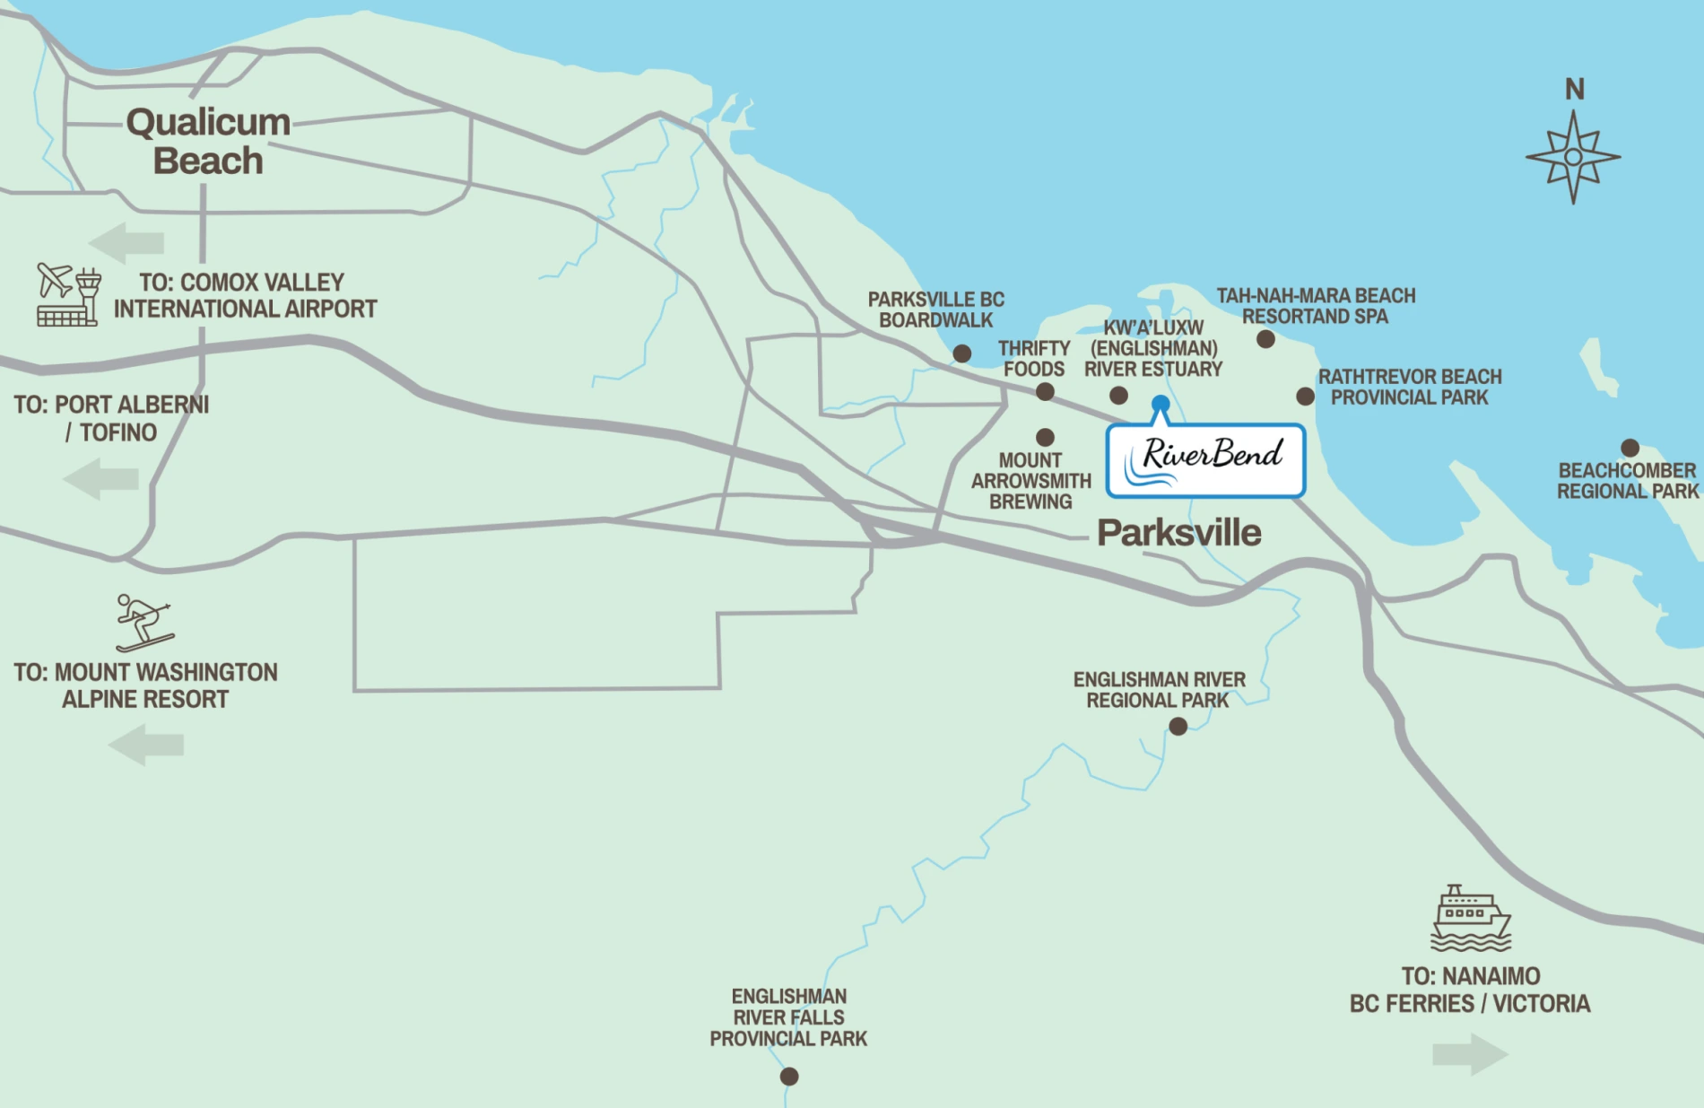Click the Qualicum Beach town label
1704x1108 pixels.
coord(208,142)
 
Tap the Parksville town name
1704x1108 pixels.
coord(1178,533)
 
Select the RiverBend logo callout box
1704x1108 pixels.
coord(1205,460)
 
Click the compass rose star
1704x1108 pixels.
coord(1573,157)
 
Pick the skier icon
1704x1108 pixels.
coord(143,622)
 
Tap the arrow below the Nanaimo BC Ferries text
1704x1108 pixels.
coord(1470,1054)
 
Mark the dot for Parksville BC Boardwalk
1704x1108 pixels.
coord(962,353)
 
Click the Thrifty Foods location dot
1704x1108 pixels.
coord(1045,392)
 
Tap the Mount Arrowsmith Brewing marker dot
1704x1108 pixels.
coord(1045,437)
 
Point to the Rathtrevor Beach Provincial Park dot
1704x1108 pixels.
coord(1305,396)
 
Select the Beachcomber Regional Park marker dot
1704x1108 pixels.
coord(1630,448)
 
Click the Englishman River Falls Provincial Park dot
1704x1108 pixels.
coord(789,1076)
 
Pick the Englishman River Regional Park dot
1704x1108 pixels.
coord(1178,726)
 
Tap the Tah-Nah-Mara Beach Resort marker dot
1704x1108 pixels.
coord(1265,339)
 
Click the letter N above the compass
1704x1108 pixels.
coord(1575,90)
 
